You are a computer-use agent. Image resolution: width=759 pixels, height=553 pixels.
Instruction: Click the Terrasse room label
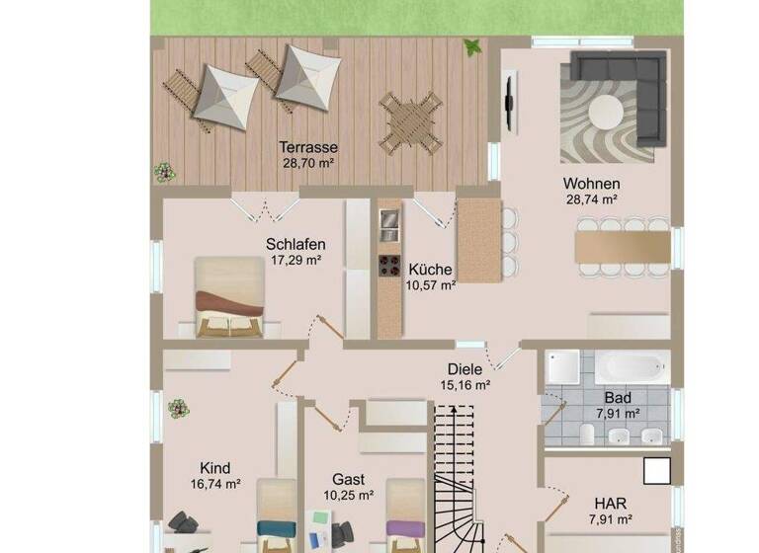click(302, 147)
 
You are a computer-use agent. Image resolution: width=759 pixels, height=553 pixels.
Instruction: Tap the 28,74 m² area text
click(591, 198)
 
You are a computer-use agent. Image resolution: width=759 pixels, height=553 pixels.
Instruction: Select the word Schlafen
click(295, 244)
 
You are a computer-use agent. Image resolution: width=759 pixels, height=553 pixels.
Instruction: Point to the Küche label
click(430, 269)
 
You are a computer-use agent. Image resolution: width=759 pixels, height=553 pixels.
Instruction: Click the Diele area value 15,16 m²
click(465, 385)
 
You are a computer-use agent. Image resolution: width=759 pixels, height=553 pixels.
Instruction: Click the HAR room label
click(610, 502)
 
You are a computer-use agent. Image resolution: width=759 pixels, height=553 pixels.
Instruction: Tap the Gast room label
click(349, 478)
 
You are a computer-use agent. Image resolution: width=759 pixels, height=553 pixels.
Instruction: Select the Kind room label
click(214, 467)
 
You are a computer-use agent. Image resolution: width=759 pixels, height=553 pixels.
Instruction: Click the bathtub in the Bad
click(632, 367)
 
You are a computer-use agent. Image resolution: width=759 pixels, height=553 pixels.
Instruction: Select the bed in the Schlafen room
click(229, 296)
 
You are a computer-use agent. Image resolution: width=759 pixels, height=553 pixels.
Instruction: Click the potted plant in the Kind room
click(178, 408)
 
